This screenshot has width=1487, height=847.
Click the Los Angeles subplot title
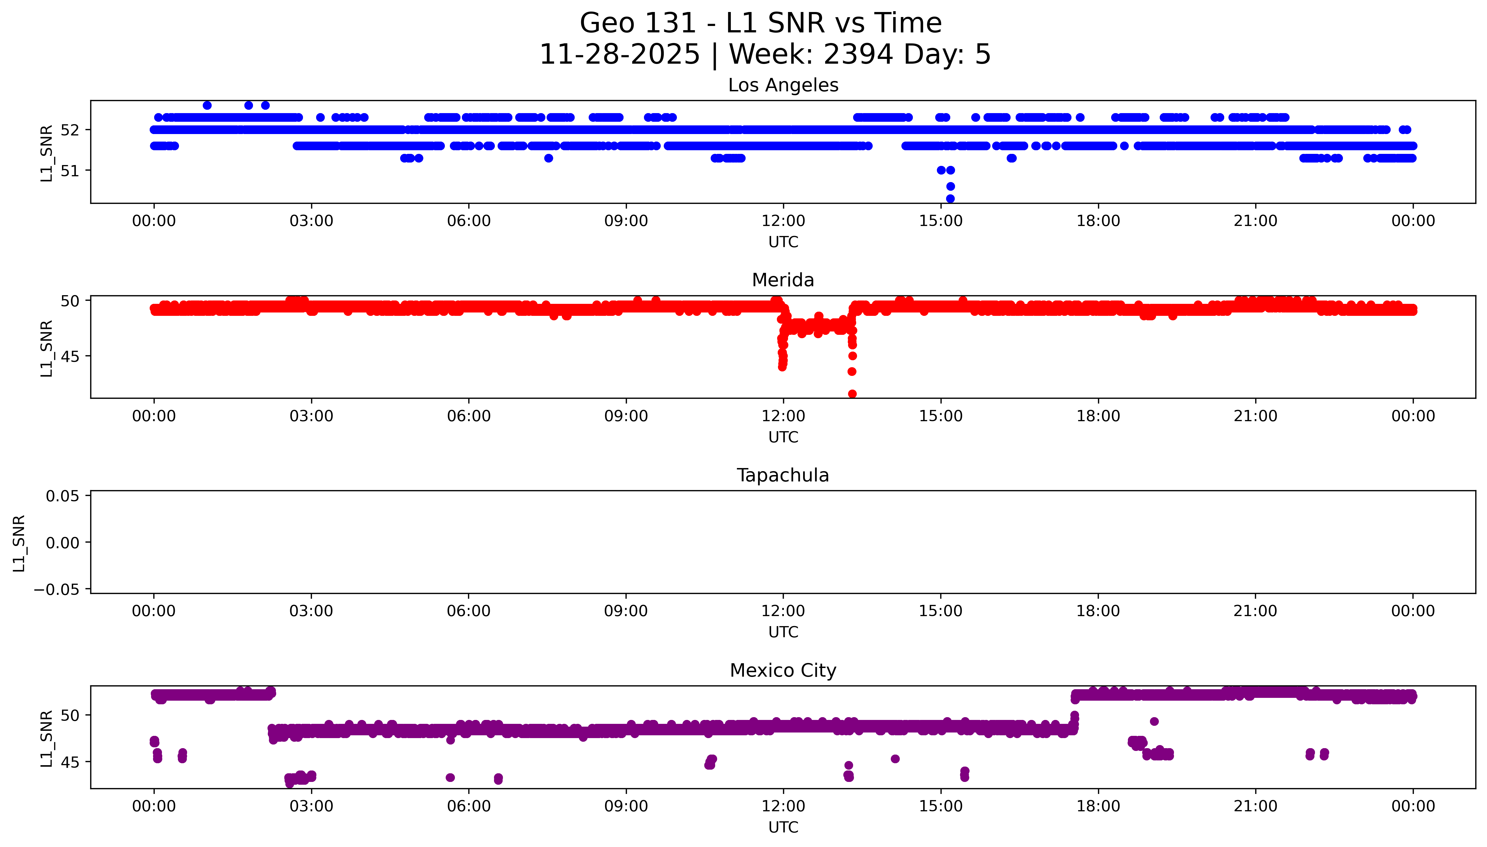[783, 85]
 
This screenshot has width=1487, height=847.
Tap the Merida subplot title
[783, 280]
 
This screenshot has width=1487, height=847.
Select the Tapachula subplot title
[783, 475]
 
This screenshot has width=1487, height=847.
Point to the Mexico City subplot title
[783, 671]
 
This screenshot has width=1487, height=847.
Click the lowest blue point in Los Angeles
[950, 198]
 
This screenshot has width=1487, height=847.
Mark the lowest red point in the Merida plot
[852, 394]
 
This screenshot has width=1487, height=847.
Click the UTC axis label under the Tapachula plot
[783, 632]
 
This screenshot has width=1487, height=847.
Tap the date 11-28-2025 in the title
[619, 55]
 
